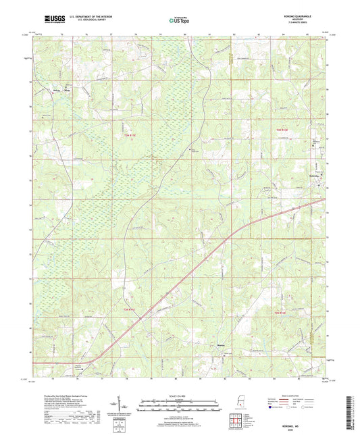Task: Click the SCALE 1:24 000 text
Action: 180,396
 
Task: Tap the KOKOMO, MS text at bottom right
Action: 308,424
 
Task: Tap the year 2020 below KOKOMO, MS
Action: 308,429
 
